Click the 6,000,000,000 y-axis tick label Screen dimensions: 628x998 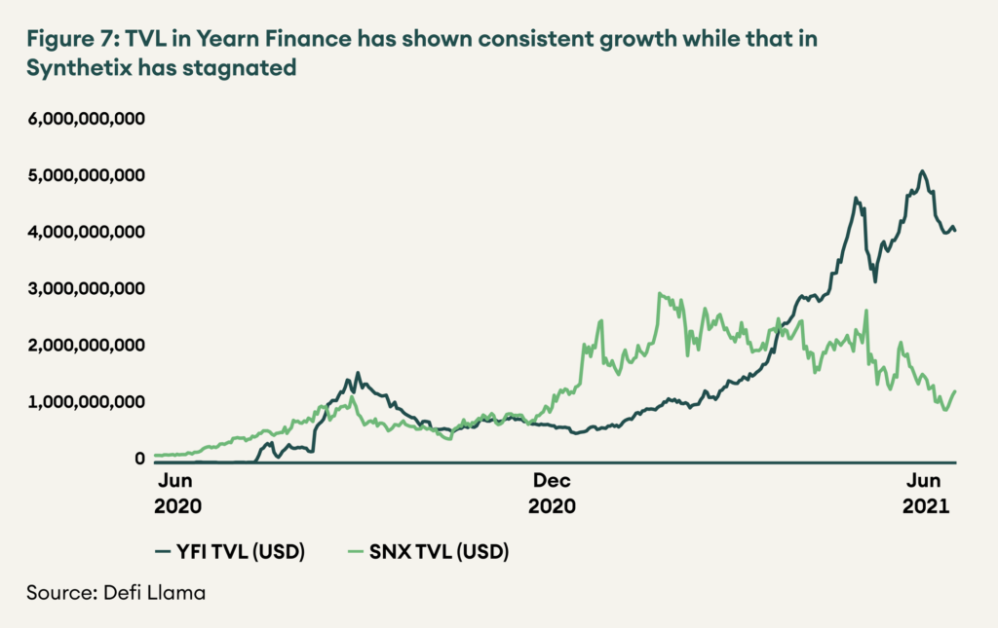click(x=88, y=119)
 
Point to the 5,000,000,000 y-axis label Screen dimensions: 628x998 click(x=88, y=175)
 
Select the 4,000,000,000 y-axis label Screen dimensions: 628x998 click(x=88, y=232)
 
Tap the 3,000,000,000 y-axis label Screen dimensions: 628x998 click(x=88, y=288)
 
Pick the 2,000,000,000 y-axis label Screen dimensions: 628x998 click(x=88, y=345)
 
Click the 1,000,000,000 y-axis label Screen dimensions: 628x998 click(x=88, y=401)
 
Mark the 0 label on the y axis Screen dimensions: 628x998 click(x=139, y=459)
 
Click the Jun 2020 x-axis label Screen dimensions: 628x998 click(x=178, y=493)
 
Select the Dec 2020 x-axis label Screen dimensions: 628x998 click(x=552, y=493)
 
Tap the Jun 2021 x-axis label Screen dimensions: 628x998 click(x=926, y=493)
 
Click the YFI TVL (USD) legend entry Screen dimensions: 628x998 click(x=230, y=552)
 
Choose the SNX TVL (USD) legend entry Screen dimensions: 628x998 click(x=429, y=552)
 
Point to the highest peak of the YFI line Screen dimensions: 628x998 click(x=922, y=171)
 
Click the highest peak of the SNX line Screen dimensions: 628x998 click(x=661, y=293)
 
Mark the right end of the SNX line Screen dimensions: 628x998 click(x=956, y=390)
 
